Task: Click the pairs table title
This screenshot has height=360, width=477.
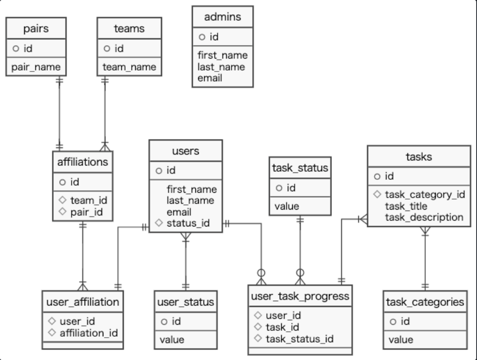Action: click(36, 28)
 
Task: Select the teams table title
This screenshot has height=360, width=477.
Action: click(129, 28)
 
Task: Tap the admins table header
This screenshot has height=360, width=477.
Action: click(222, 17)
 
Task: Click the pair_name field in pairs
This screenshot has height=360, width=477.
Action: click(35, 67)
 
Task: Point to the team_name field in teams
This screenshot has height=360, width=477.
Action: click(129, 67)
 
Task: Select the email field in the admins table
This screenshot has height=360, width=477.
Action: click(210, 78)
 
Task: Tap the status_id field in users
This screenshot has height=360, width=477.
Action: click(188, 223)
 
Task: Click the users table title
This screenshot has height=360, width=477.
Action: click(185, 151)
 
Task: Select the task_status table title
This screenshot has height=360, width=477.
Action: click(300, 168)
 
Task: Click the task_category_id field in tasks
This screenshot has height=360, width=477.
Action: click(424, 195)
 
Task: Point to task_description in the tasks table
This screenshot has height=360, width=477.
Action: click(424, 217)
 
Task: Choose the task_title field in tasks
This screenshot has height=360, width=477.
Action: click(406, 206)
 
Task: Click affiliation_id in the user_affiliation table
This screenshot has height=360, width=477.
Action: click(88, 333)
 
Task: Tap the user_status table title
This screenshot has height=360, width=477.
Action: click(185, 302)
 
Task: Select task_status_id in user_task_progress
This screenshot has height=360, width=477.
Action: click(299, 339)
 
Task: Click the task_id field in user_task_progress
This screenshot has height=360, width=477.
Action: click(282, 327)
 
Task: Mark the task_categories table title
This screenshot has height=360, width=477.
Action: click(425, 302)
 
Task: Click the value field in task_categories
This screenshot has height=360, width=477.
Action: click(400, 340)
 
